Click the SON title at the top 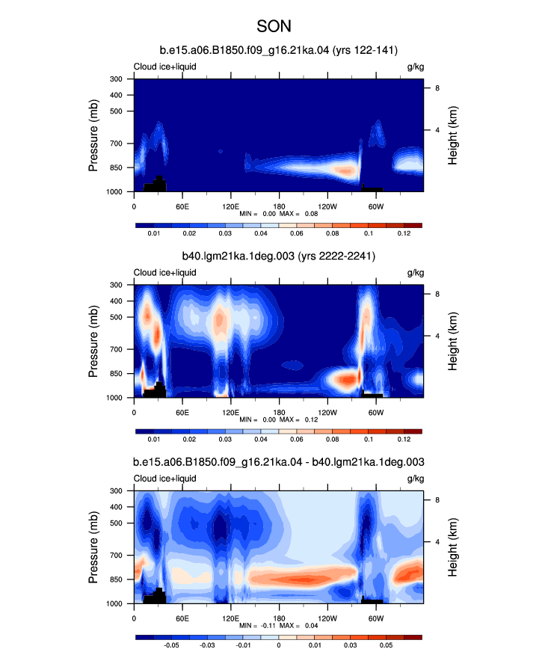(274, 26)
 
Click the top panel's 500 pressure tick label (116, 111)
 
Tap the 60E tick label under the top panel (182, 206)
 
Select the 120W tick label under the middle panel (327, 413)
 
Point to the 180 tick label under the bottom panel (279, 618)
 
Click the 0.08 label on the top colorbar (332, 233)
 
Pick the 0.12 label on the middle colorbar (404, 439)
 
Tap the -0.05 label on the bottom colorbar (171, 645)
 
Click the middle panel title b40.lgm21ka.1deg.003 (238, 256)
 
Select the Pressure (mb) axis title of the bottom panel (93, 547)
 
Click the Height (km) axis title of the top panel (452, 135)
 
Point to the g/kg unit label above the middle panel (416, 273)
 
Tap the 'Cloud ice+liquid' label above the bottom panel (164, 479)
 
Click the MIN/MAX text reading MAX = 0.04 (298, 625)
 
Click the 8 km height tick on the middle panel (437, 294)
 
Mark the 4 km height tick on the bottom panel (437, 542)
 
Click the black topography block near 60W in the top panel (372, 188)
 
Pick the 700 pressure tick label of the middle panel (116, 349)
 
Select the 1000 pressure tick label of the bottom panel (114, 603)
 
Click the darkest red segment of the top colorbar (413, 225)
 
